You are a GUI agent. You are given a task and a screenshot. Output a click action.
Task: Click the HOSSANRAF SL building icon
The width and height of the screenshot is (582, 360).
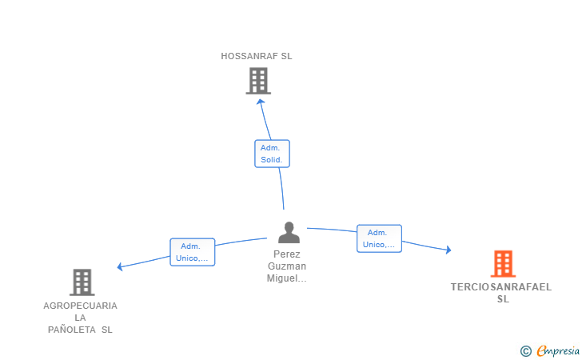[x=258, y=81]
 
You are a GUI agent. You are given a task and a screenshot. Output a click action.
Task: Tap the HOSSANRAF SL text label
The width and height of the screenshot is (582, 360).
[x=257, y=56]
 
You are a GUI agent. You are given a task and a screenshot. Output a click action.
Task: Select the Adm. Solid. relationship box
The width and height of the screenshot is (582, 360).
[x=272, y=154]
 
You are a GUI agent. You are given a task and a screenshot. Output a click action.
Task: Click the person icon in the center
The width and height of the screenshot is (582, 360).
[x=289, y=233]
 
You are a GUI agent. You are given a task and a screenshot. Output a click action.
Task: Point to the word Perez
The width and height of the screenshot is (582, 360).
[x=286, y=254]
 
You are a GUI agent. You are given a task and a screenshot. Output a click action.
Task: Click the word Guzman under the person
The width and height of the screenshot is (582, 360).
[x=287, y=266]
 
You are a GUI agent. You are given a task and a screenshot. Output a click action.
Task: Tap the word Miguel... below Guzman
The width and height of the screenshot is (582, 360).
[x=286, y=278]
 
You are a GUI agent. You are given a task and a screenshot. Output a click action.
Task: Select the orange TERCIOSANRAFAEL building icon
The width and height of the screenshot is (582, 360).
[x=504, y=264]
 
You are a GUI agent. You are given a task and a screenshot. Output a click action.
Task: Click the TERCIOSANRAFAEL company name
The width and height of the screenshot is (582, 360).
[x=501, y=287]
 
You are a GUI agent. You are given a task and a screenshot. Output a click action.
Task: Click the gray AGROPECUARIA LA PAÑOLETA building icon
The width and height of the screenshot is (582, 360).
[x=82, y=282]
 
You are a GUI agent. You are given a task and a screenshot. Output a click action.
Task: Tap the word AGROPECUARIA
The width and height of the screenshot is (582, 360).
[x=80, y=306]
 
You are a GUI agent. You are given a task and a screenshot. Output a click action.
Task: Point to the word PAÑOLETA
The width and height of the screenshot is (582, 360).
[x=72, y=330]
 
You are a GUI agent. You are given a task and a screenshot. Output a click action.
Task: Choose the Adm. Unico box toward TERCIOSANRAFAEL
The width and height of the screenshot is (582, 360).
[x=379, y=238]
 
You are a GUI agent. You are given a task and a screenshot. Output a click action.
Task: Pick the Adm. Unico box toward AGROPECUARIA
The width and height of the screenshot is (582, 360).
[x=192, y=252]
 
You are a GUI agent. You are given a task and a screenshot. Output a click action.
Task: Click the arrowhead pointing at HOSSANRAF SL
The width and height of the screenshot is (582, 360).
[x=261, y=102]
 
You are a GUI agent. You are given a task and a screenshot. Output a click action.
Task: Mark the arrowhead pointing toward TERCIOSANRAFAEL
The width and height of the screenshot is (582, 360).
[x=448, y=250]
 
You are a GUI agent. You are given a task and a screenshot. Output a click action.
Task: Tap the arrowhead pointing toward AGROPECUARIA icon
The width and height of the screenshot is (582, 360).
[x=120, y=266]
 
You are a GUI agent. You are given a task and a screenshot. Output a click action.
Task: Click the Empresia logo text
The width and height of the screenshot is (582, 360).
[x=558, y=350]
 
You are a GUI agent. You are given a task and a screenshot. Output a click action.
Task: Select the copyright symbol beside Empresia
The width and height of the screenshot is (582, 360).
[x=526, y=351]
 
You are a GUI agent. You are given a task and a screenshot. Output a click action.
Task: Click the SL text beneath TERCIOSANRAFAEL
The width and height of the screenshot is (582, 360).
[x=504, y=299]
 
